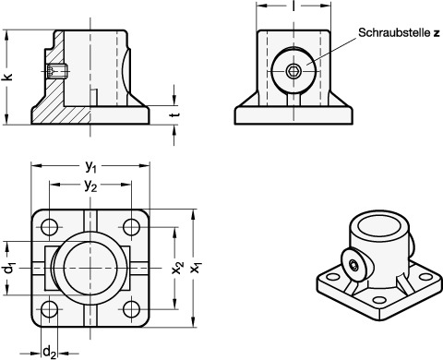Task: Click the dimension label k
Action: [x=7, y=77]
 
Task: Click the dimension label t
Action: [x=175, y=114]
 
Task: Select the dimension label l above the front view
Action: [x=293, y=6]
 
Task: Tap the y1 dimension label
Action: [x=90, y=166]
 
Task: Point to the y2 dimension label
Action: [x=90, y=186]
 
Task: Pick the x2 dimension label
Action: [x=177, y=268]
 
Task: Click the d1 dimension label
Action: [x=9, y=269]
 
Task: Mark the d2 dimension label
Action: [x=49, y=352]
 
